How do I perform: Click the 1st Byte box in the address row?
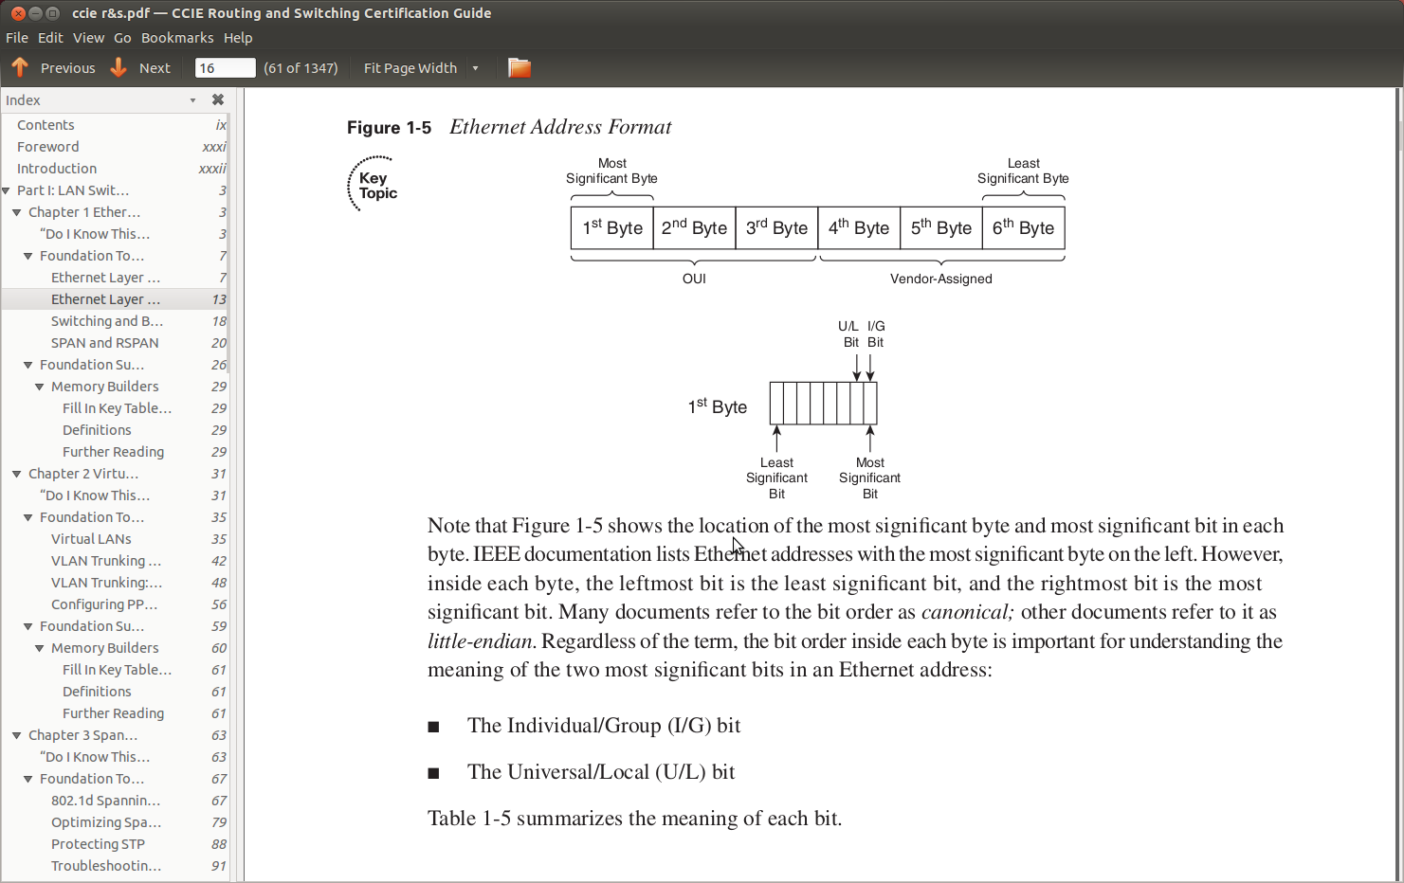612,228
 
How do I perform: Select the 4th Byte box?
859,228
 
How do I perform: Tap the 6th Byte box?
1023,228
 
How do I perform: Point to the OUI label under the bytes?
694,279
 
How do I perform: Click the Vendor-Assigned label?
940,279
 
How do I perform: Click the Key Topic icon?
372,184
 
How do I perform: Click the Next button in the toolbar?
142,68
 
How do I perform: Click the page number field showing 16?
224,68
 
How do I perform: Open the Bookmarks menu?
177,38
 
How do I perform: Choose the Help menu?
238,38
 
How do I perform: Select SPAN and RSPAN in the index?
104,343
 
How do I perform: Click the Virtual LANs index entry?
91,539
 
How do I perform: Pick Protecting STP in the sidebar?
98,844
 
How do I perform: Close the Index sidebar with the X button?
218,99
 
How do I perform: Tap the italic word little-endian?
481,641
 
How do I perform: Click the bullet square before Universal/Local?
433,773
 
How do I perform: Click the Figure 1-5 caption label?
389,128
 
